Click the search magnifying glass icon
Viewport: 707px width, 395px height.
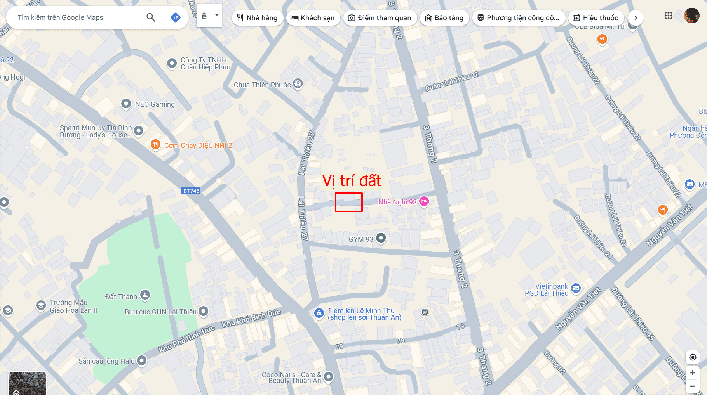pos(151,17)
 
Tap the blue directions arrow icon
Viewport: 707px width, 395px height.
pos(176,17)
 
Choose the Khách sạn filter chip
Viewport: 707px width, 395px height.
pos(313,18)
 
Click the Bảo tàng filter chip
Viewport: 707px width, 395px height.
pos(444,18)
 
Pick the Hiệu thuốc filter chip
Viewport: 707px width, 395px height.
pos(596,18)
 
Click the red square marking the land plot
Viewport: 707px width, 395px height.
pos(349,202)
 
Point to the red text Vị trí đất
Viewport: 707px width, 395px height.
pos(352,181)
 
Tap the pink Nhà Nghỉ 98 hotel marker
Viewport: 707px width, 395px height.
pos(424,201)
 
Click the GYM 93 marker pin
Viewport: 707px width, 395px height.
pos(381,238)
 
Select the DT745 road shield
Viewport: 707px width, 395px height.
pos(191,191)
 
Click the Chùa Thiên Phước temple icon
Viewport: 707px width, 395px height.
pos(298,83)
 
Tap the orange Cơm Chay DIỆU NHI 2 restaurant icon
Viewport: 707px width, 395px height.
pos(155,145)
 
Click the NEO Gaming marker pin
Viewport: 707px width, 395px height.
pos(126,104)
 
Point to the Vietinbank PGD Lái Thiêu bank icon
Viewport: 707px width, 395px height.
pos(576,288)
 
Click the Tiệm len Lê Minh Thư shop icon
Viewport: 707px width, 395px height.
pos(319,313)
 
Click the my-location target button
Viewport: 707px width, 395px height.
pos(693,357)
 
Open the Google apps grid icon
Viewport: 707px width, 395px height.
pos(668,16)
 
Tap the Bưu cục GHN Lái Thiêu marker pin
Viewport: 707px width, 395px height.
pos(203,311)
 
